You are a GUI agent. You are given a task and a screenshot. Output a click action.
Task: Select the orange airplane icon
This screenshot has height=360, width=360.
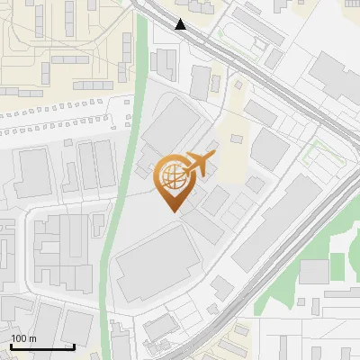pyautogui.click(x=200, y=165)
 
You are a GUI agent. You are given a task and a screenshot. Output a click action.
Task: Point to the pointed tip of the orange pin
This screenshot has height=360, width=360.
pyautogui.click(x=172, y=211)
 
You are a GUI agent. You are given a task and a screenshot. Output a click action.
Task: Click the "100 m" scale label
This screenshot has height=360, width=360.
pyautogui.click(x=23, y=339)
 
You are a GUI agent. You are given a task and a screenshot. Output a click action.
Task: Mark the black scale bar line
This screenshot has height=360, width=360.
pyautogui.click(x=42, y=346)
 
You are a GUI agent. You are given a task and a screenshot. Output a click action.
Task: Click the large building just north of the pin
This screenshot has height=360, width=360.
pyautogui.click(x=171, y=126)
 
